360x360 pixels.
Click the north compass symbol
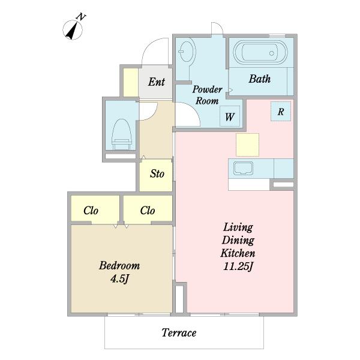pyautogui.click(x=73, y=29)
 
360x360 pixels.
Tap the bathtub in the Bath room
pyautogui.click(x=260, y=53)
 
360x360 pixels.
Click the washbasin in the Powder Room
pyautogui.click(x=187, y=52)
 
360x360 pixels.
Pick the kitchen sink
pyautogui.click(x=244, y=168)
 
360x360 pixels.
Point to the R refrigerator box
pyautogui.click(x=281, y=112)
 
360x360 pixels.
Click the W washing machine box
pyautogui.click(x=230, y=116)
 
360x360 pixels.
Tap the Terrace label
pyautogui.click(x=179, y=332)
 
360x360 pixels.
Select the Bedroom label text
pyautogui.click(x=119, y=266)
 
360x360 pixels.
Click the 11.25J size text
pyautogui.click(x=238, y=266)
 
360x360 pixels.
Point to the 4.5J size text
pyautogui.click(x=119, y=279)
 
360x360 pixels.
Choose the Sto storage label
pyautogui.click(x=157, y=174)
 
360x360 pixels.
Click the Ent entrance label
pyautogui.click(x=157, y=82)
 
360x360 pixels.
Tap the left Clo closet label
pyautogui.click(x=91, y=211)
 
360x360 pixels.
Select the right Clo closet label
pyautogui.click(x=148, y=211)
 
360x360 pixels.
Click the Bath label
pyautogui.click(x=260, y=79)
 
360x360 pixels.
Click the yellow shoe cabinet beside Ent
pyautogui.click(x=131, y=82)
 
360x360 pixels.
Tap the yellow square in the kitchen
pyautogui.click(x=247, y=145)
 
